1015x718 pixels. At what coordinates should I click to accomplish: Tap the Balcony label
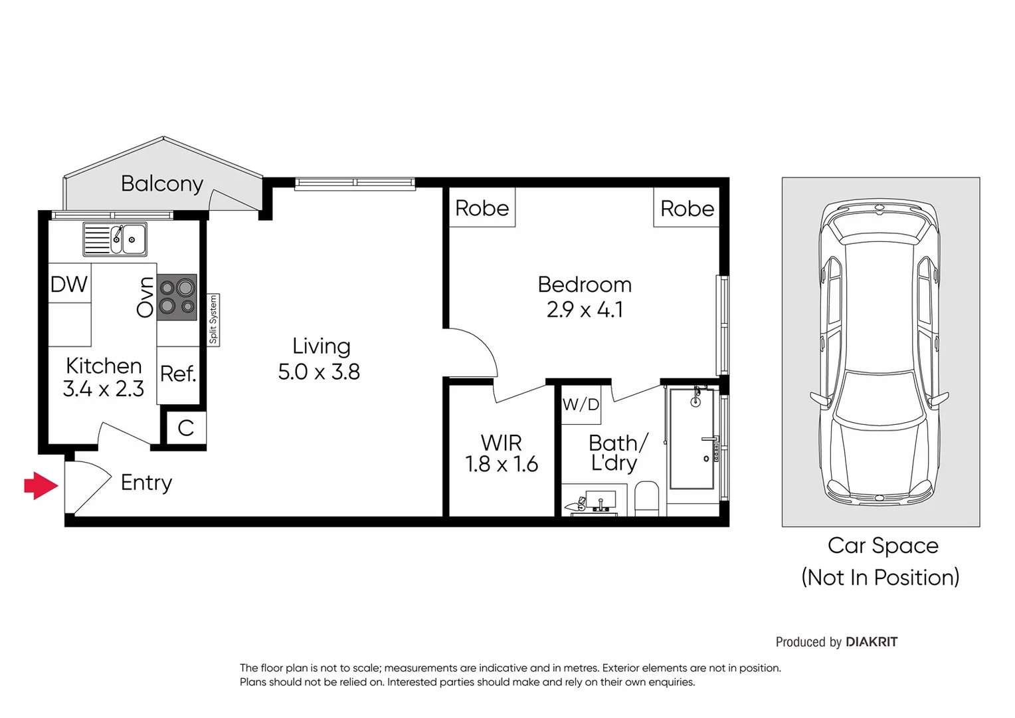pos(161,183)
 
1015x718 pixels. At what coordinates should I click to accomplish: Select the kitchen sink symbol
pos(115,239)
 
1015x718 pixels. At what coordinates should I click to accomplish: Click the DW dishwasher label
pos(69,285)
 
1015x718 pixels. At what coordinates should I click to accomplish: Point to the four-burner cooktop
pos(177,297)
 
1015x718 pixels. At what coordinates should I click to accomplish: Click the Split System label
pos(213,320)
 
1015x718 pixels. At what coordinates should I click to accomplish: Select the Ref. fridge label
pos(178,374)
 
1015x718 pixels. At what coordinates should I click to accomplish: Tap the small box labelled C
pos(185,427)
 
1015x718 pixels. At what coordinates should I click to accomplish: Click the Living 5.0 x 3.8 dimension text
pos(319,372)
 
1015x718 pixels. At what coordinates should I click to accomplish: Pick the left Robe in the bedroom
pos(482,208)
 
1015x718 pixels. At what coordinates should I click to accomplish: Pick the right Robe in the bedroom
pos(687,208)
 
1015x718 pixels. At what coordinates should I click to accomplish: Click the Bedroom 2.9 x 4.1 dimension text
pos(585,310)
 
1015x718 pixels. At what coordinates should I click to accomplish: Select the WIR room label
pos(501,443)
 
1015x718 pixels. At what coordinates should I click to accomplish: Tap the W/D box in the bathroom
pos(581,404)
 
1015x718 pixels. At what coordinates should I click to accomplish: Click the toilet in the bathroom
pos(646,498)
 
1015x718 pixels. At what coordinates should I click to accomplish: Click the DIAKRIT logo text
pos(871,642)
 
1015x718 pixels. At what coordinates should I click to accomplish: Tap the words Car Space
pos(882,546)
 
